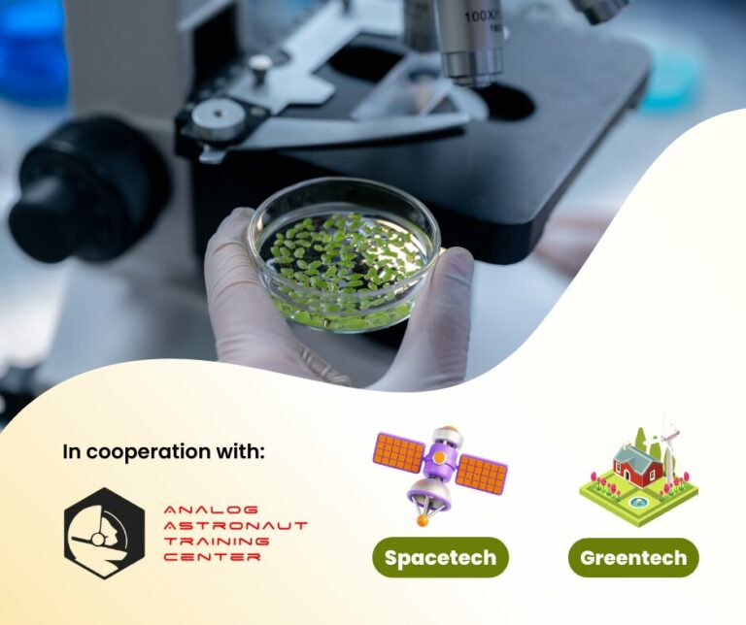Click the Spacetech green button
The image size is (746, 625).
coord(440,558)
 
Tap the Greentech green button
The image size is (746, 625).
coord(633,558)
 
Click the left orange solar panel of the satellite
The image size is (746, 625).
coord(398,452)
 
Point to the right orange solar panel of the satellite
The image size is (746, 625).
coord(482,475)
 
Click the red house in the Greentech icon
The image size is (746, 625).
coord(637,467)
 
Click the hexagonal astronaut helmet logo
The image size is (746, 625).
coord(104,533)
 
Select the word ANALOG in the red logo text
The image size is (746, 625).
coord(197,509)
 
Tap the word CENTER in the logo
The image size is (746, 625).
coord(199,558)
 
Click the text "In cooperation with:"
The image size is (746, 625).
coord(163,451)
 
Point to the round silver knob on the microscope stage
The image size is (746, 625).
coord(259,65)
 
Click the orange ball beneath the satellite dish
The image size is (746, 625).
coord(423,520)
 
